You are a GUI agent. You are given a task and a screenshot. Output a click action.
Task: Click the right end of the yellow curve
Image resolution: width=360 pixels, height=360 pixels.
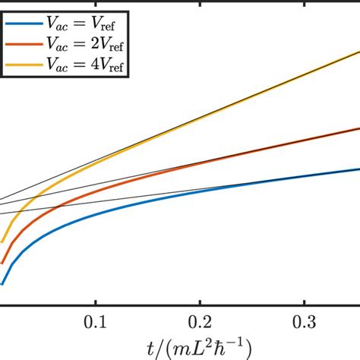pyautogui.click(x=358, y=52)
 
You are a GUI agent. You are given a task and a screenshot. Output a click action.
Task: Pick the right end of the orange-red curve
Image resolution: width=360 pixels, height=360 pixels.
pyautogui.click(x=358, y=128)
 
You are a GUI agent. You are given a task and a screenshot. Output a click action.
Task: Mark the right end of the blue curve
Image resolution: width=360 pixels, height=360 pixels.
pyautogui.click(x=358, y=169)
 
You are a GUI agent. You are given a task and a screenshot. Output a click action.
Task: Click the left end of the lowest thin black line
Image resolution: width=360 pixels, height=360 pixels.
pyautogui.click(x=2, y=213)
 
